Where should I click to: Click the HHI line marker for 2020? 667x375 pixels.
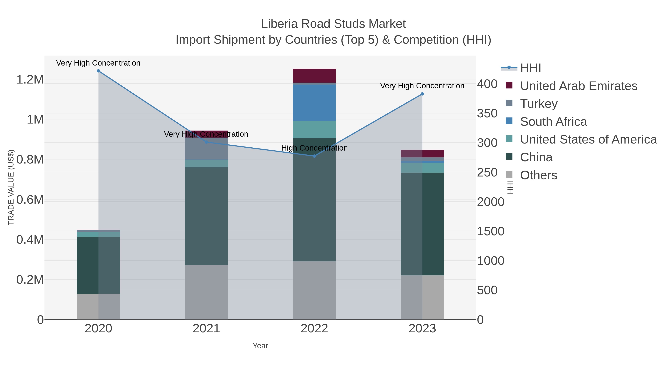click(x=98, y=71)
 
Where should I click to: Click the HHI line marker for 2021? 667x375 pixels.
click(x=206, y=142)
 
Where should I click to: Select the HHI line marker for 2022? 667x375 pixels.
click(x=314, y=156)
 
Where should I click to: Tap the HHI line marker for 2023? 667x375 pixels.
click(x=422, y=94)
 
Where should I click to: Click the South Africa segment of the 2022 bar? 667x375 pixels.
click(x=314, y=102)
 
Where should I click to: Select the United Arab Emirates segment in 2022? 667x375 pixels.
click(x=314, y=76)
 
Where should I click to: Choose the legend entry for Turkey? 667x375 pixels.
click(x=539, y=104)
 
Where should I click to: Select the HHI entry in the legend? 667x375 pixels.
click(x=530, y=68)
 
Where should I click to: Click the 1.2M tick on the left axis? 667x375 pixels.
click(x=30, y=79)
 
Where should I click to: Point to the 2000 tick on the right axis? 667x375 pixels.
click(x=490, y=202)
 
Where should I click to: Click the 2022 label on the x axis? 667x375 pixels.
click(x=314, y=329)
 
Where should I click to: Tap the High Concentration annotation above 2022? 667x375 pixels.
click(x=314, y=148)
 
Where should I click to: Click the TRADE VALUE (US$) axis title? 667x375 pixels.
click(x=11, y=187)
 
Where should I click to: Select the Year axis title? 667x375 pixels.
click(x=260, y=346)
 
